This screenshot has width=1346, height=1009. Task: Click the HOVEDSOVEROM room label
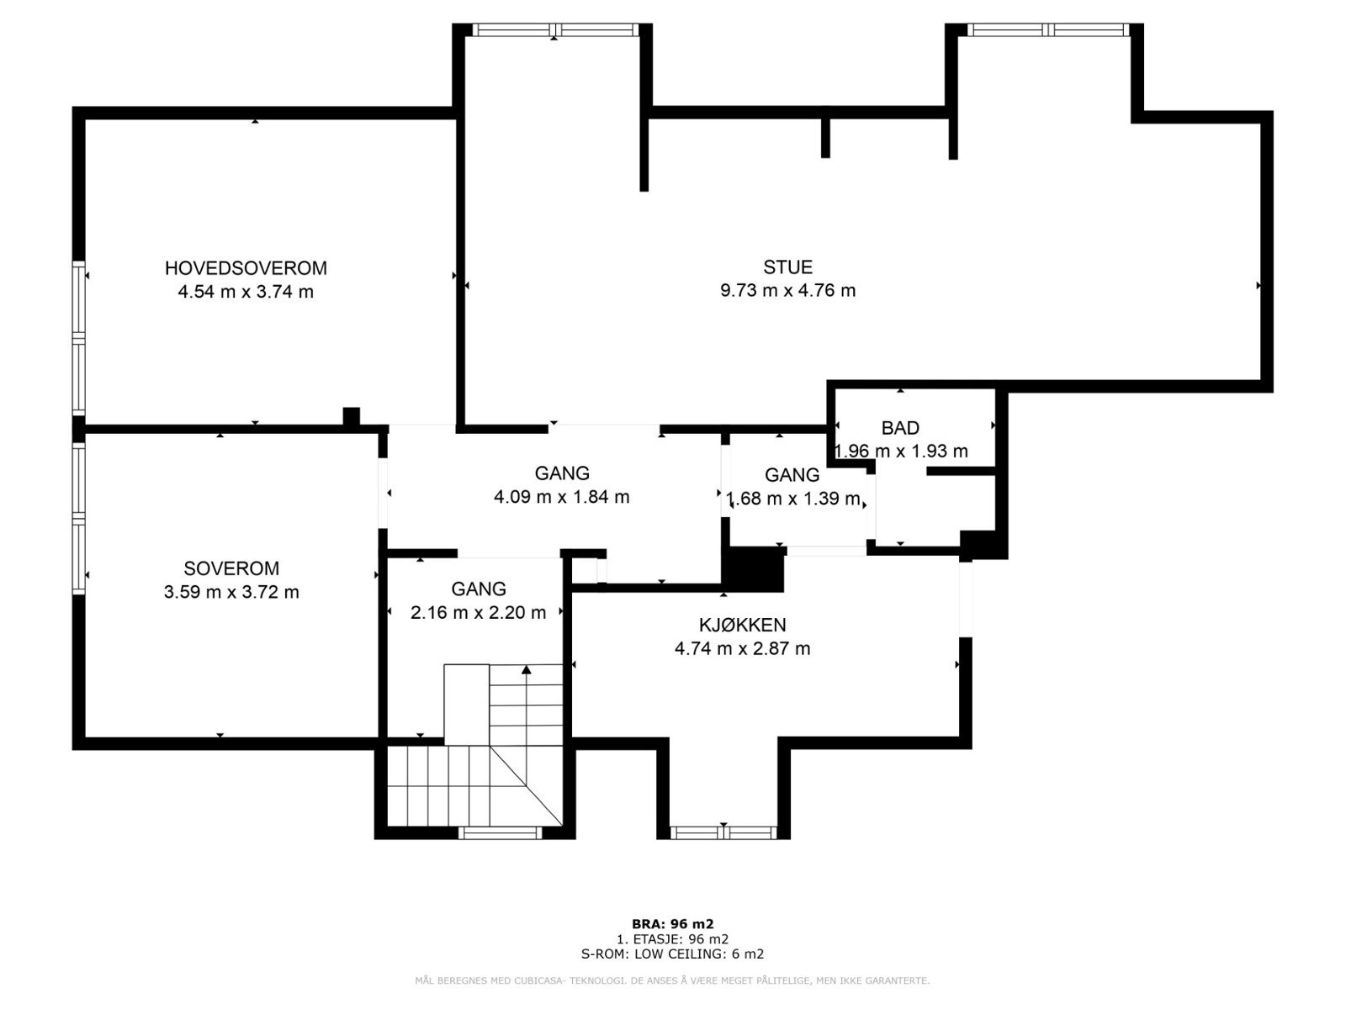pos(246,268)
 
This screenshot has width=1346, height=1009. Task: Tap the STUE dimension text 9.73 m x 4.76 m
pos(787,291)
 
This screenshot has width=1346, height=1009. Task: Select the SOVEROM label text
pos(231,568)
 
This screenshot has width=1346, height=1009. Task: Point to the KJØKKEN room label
pos(742,626)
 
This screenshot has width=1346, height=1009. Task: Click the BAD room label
pos(900,428)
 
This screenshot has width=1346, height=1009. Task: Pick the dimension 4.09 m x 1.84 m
pos(561,497)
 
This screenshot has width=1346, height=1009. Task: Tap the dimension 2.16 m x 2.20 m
pos(478,613)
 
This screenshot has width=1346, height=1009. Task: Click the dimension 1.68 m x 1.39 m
pos(793,499)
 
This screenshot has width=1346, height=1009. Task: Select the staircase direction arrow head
pos(527,670)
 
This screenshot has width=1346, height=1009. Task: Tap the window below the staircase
pos(500,832)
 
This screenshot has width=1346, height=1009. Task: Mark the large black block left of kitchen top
pos(755,569)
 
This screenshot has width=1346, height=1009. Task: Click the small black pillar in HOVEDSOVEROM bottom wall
pos(351,416)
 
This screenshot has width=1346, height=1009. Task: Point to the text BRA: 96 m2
pos(672,923)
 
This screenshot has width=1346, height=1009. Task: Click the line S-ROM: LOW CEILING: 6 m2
pos(672,954)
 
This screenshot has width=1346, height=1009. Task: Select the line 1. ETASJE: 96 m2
pos(672,938)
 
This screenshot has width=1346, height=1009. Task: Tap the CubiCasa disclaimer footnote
pos(672,980)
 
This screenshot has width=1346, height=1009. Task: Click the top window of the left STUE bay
pos(554,29)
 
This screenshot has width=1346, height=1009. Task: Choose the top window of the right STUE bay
pos(1047,29)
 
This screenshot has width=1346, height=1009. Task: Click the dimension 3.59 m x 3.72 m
pos(231,592)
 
